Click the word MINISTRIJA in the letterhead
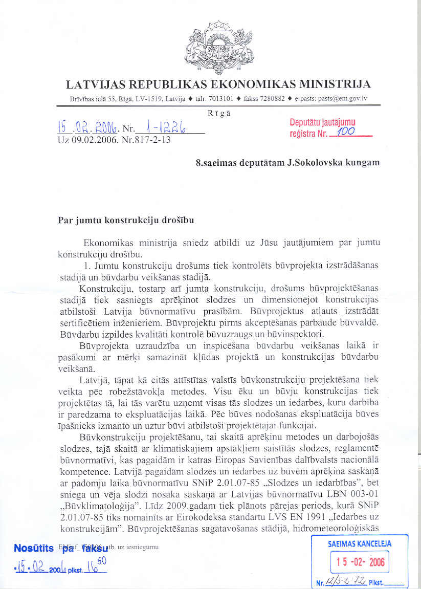[333, 84]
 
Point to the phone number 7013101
[221, 99]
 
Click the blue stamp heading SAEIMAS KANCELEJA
[360, 544]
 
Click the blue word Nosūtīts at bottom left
[34, 548]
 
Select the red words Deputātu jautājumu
[322, 122]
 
